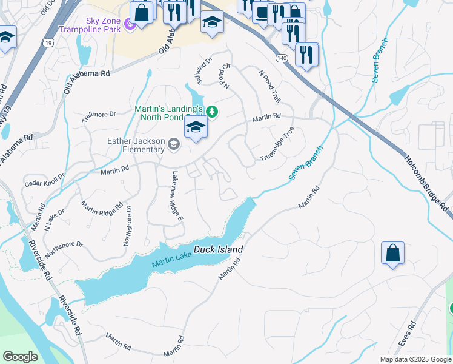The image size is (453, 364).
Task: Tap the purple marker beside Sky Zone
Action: pos(128,24)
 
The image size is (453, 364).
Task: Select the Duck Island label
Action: pos(218,249)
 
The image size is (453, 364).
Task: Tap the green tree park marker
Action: pos(211,111)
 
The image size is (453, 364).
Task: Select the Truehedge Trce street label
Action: pos(277,144)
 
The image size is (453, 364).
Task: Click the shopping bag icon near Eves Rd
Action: pos(392,253)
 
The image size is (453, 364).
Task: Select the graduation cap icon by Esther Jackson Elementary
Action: pos(196,128)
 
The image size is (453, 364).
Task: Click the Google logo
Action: pos(21,357)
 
